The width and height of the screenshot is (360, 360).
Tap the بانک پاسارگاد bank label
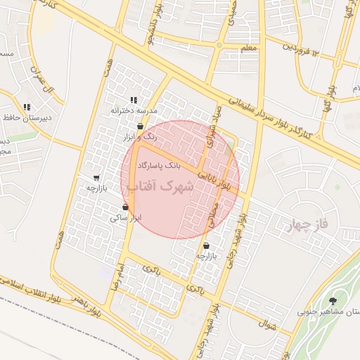click(x=160, y=165)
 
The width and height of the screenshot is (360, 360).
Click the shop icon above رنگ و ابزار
click(x=141, y=127)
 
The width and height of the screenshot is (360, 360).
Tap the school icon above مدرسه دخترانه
click(x=134, y=101)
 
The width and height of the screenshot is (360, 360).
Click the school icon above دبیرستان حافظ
click(x=26, y=108)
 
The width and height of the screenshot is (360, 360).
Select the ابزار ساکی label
click(x=126, y=218)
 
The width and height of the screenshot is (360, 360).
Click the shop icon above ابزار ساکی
click(x=126, y=207)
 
